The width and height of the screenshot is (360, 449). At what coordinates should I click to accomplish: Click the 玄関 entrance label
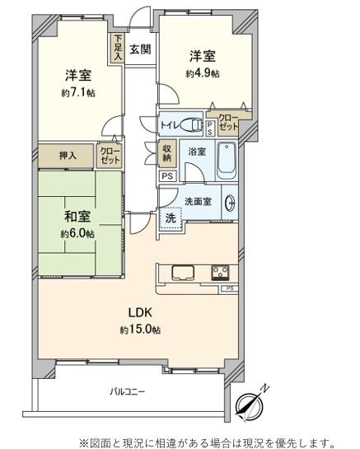click(x=140, y=49)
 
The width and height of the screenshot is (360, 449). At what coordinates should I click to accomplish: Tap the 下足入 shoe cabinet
click(x=119, y=47)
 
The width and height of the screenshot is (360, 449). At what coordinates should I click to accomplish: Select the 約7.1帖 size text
click(x=77, y=93)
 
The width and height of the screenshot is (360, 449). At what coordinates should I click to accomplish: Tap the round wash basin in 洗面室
click(x=231, y=203)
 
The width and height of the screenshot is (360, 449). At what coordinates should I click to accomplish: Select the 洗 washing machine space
click(x=170, y=219)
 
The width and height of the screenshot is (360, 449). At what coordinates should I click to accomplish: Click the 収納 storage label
click(x=167, y=152)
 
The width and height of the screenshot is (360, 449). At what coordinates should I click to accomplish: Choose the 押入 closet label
click(x=68, y=154)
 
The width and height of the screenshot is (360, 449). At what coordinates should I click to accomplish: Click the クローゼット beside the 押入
click(x=109, y=154)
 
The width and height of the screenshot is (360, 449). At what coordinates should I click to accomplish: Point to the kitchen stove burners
click(x=221, y=271)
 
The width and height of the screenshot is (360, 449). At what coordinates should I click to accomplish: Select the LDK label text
click(x=138, y=313)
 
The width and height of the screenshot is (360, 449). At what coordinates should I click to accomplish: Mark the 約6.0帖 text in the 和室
click(x=77, y=233)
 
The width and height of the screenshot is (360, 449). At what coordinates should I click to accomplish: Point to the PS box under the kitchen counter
click(x=228, y=288)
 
